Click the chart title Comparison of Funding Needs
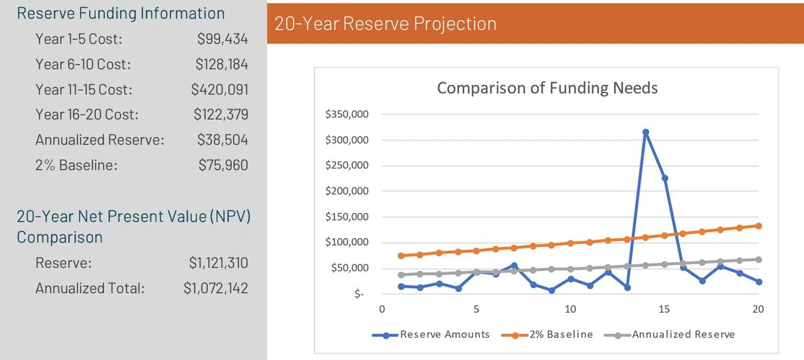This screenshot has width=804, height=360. (547, 88)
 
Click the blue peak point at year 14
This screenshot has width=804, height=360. (646, 132)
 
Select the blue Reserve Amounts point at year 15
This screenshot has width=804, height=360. (665, 178)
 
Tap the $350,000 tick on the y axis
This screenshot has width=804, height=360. (347, 115)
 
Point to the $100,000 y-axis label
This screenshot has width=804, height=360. (347, 243)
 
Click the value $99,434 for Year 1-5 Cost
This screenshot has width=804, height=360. (222, 39)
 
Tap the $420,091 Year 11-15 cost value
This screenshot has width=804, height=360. (220, 90)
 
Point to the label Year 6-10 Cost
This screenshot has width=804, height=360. (83, 64)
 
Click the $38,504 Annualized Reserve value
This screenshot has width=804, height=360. (222, 140)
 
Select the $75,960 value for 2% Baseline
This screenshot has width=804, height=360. (223, 165)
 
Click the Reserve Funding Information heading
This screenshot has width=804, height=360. (121, 13)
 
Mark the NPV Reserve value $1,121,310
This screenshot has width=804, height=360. (215, 263)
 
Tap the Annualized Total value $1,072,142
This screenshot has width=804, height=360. (215, 288)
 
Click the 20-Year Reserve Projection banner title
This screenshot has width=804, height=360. (385, 24)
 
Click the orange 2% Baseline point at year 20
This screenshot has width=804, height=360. (758, 226)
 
